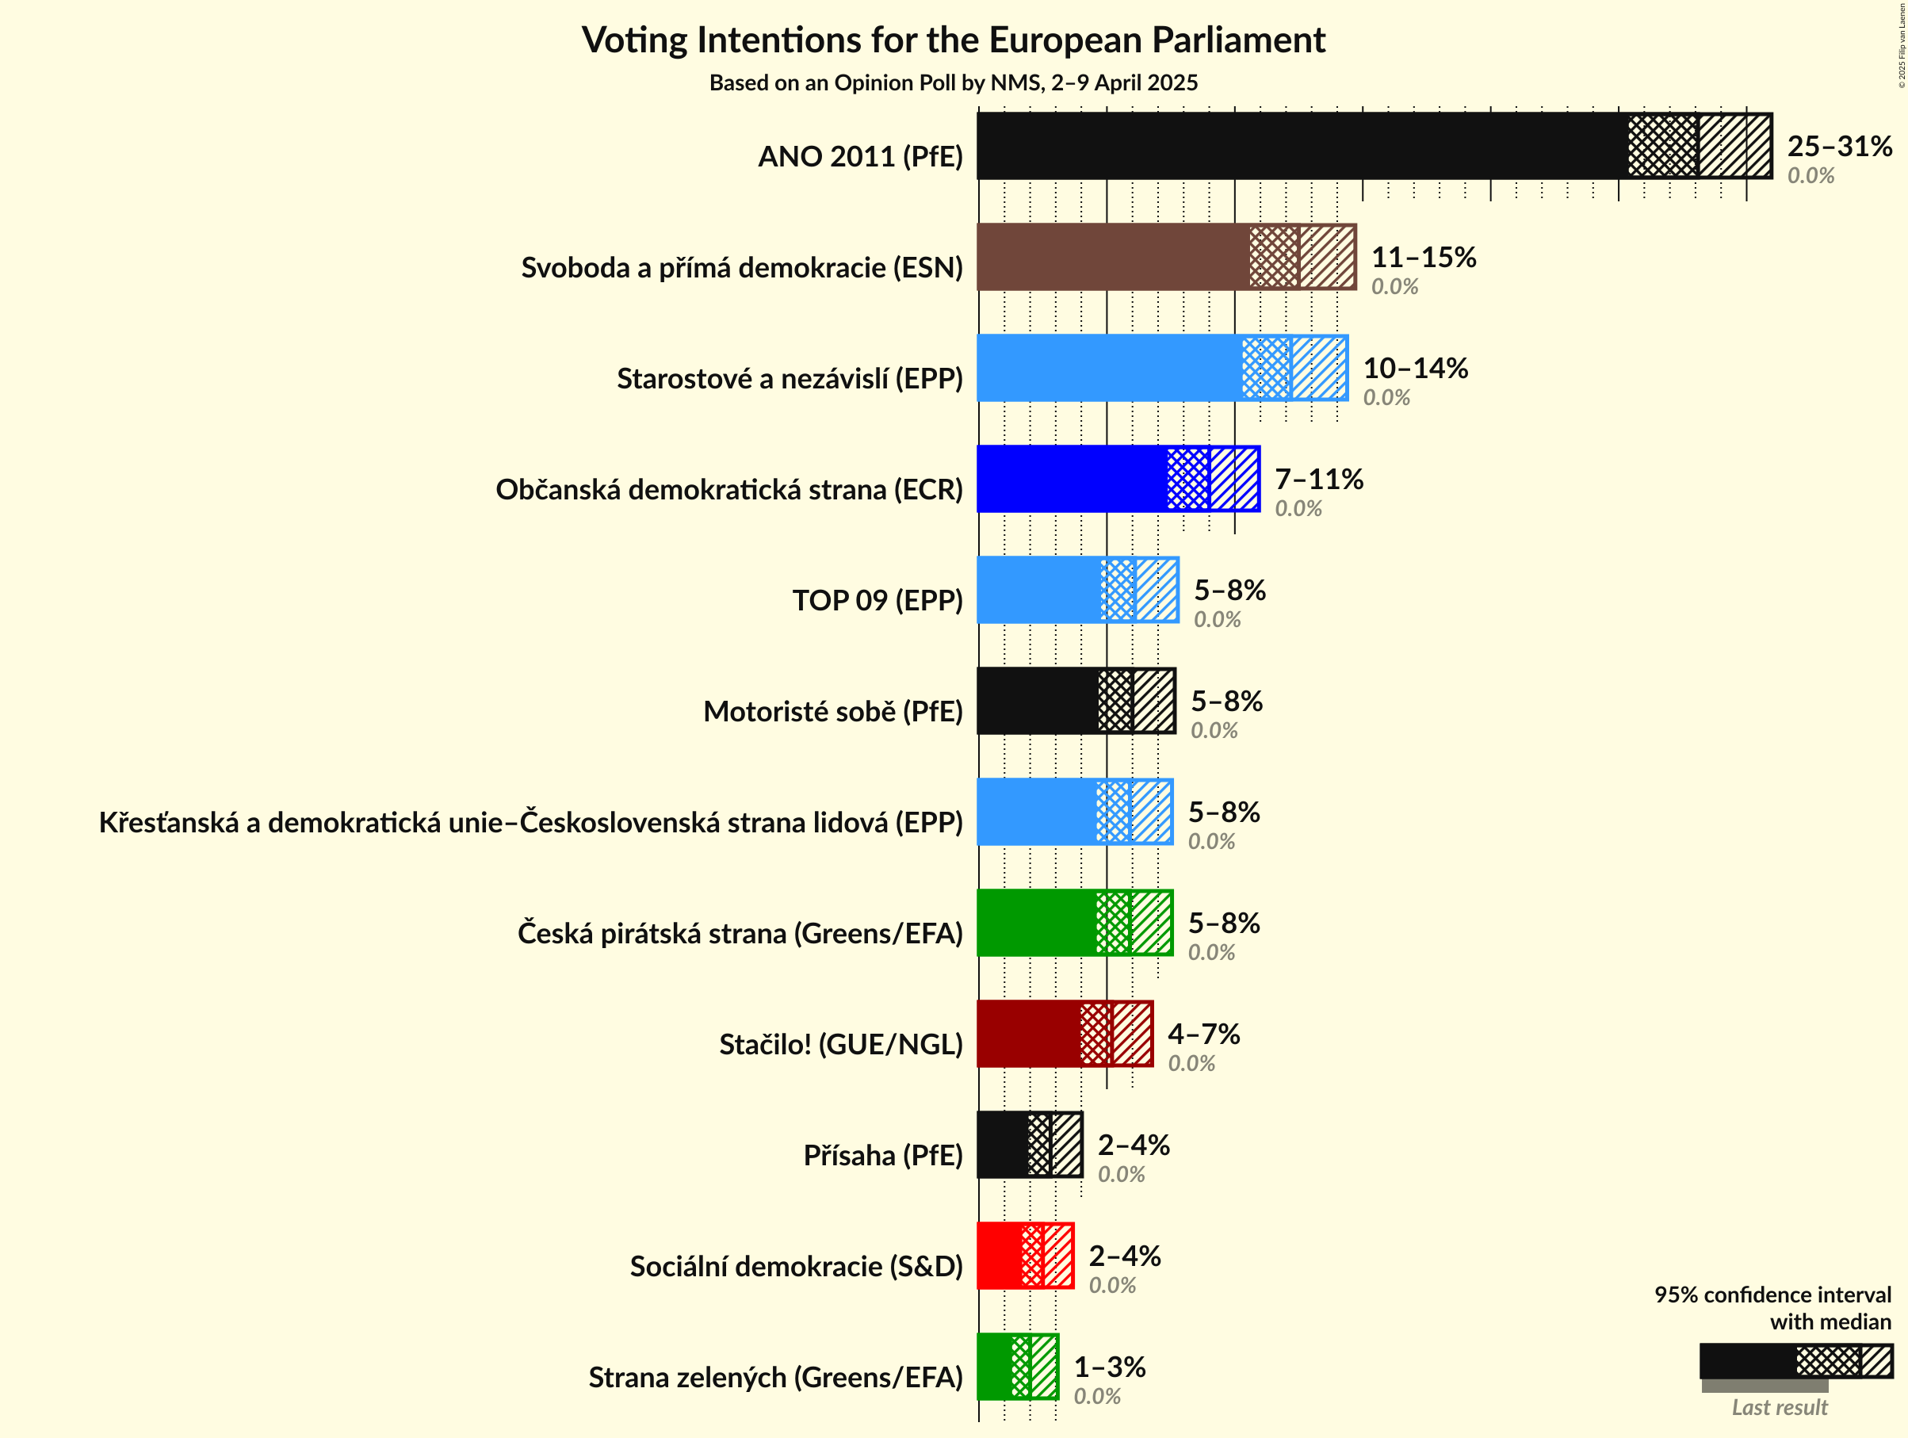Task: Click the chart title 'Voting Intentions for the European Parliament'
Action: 953,40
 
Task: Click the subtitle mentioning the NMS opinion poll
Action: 953,82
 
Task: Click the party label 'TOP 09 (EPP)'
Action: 878,600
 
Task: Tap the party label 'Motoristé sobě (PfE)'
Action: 832,712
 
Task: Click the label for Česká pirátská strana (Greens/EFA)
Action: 740,933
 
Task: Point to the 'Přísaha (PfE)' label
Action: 882,1155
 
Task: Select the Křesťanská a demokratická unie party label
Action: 530,823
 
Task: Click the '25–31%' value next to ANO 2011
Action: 1839,147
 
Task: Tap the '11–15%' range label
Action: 1423,257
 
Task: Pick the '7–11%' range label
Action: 1319,479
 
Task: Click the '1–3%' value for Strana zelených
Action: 1109,1367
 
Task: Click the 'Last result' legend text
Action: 1780,1407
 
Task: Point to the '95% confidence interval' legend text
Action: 1772,1295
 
